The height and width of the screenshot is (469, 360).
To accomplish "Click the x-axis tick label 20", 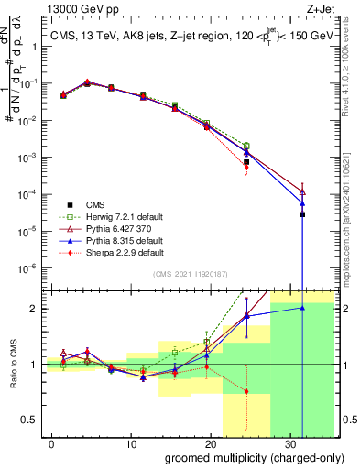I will (x=212, y=442).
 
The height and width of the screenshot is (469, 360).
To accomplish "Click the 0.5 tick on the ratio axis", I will (x=33, y=420).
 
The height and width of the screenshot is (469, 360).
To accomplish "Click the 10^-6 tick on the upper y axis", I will (x=30, y=268).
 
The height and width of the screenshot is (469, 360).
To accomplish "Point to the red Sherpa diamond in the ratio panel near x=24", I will (x=246, y=391).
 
